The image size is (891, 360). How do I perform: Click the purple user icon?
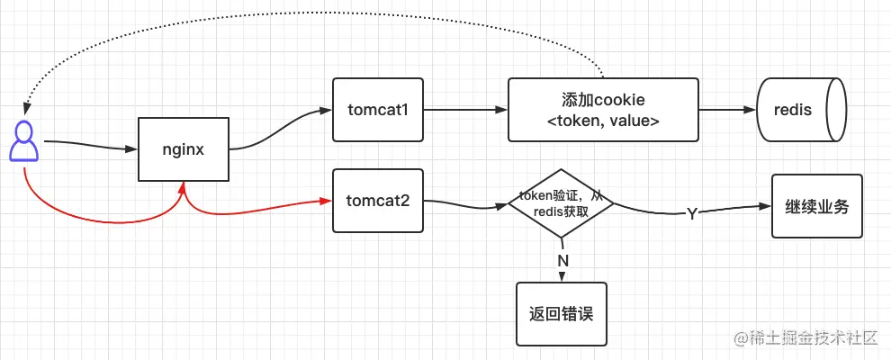[23, 141]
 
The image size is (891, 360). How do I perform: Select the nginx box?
[184, 148]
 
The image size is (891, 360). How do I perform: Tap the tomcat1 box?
[378, 110]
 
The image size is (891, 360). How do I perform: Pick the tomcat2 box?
[378, 200]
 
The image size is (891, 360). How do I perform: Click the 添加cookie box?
[603, 110]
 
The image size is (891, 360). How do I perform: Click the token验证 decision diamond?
[561, 204]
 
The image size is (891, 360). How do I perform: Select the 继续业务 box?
[816, 205]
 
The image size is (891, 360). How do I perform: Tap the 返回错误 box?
[561, 314]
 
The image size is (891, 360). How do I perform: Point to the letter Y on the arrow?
[691, 214]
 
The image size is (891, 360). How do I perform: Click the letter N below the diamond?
[563, 259]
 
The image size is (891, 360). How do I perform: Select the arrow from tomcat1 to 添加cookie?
[463, 110]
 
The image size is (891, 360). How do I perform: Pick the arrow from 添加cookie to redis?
[727, 110]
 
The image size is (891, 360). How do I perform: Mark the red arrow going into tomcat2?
[261, 209]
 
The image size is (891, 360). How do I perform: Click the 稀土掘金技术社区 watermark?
[805, 338]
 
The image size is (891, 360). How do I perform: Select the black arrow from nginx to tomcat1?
[279, 128]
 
